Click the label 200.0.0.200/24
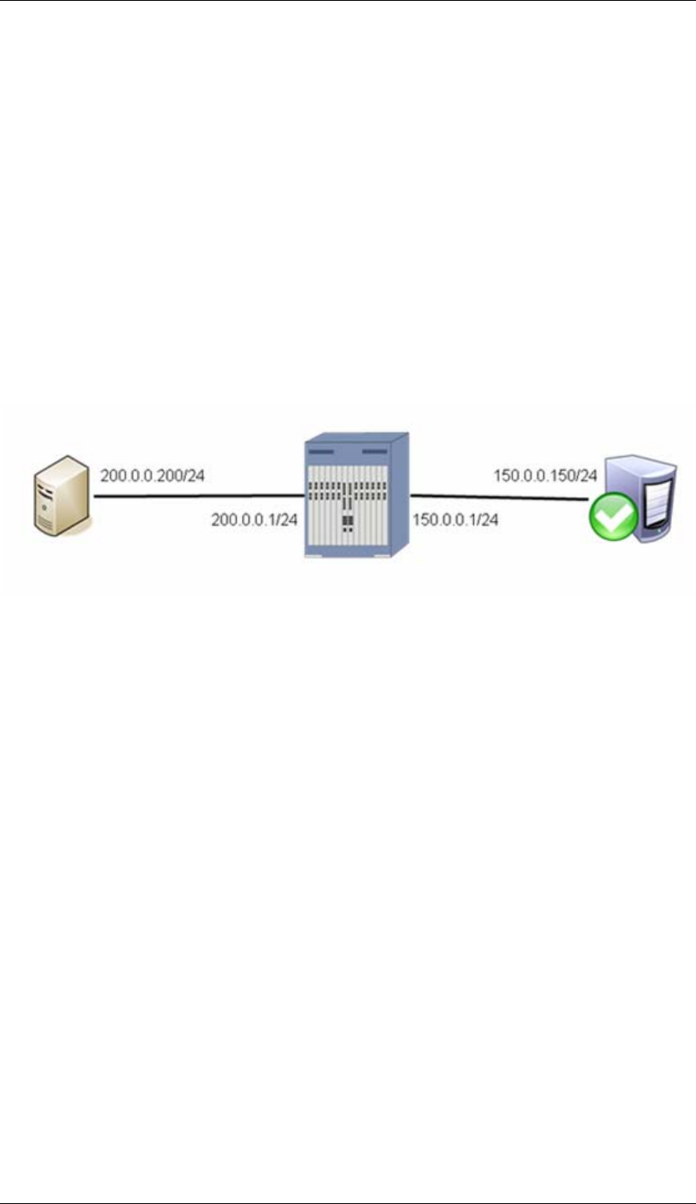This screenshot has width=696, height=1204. tap(151, 476)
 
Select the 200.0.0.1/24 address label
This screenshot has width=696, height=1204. tap(254, 519)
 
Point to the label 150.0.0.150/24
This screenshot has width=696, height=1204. tap(545, 476)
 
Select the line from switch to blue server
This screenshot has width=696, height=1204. tap(499, 497)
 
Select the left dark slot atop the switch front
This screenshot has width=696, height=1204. tap(320, 450)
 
